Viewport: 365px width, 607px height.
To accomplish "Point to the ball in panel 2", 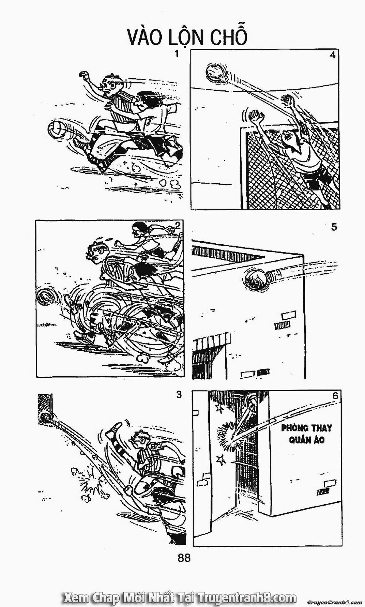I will pyautogui.click(x=46, y=297).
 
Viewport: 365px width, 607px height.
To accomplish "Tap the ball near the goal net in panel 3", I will pyautogui.click(x=46, y=417).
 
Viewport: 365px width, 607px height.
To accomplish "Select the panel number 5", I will pyautogui.click(x=333, y=227).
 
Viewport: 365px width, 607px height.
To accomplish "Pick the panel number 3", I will pyautogui.click(x=178, y=395).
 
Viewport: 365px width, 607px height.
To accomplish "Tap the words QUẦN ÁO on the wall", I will pyautogui.click(x=307, y=440).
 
